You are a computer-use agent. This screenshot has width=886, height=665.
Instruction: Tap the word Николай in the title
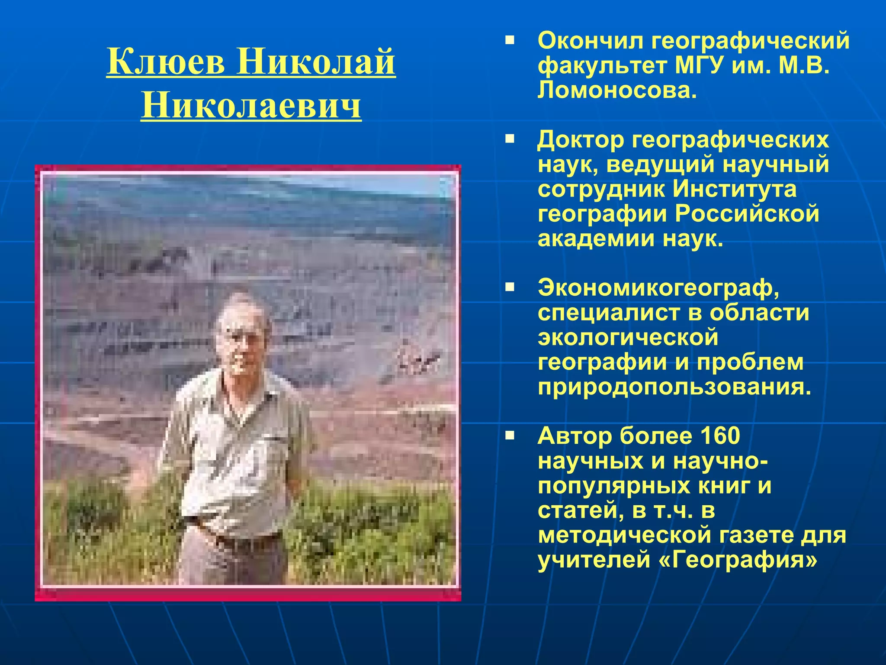[x=316, y=61]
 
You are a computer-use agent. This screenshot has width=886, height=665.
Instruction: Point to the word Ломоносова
[x=617, y=90]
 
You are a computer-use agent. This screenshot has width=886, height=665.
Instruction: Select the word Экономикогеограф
[x=658, y=288]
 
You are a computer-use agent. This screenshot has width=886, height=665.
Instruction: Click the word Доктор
[x=581, y=140]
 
